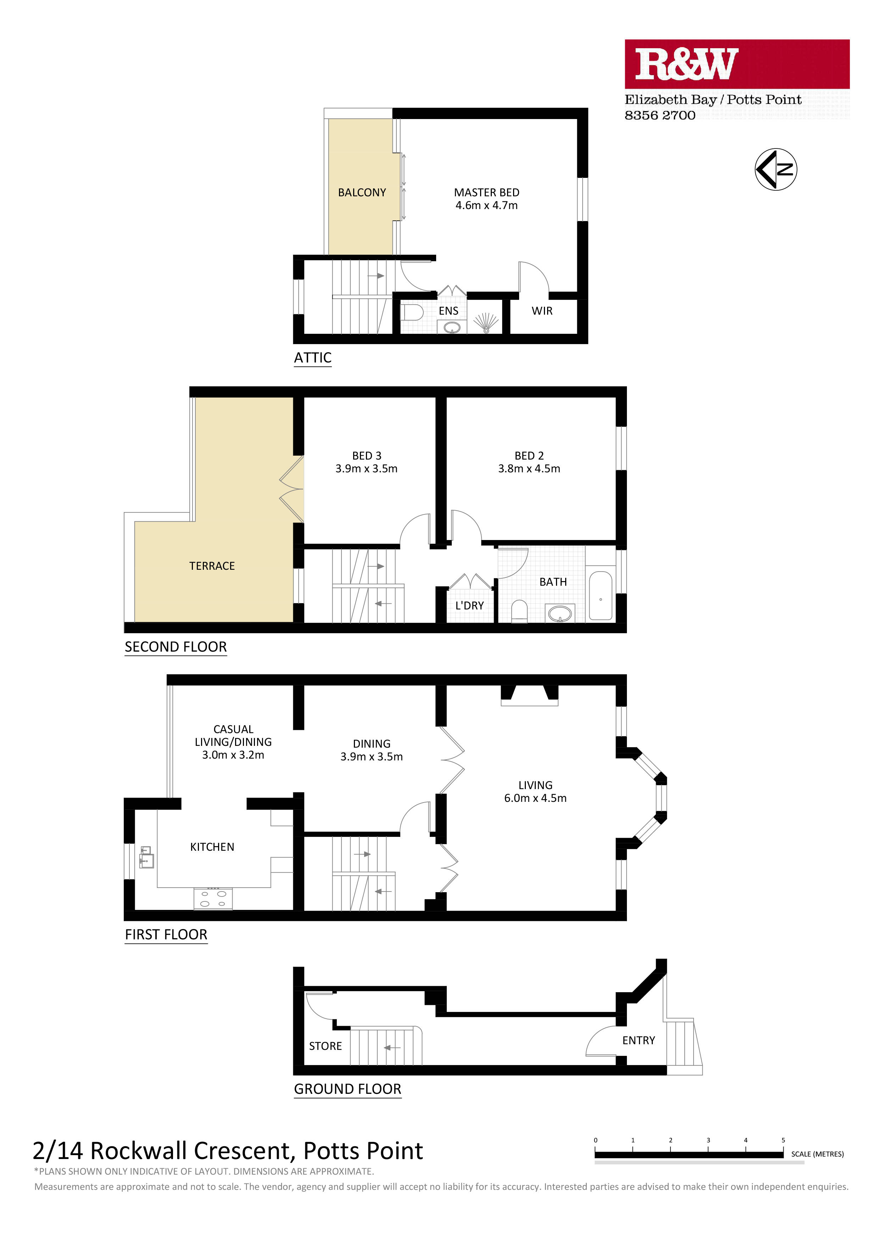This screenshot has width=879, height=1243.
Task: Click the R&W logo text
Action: tap(686, 64)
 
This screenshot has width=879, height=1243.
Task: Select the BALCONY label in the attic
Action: tap(362, 193)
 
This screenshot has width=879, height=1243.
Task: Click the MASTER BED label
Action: tap(486, 193)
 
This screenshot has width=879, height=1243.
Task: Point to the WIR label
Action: tap(542, 311)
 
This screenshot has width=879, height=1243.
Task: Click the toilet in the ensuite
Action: tap(412, 313)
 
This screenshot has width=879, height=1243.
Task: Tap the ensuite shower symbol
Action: tap(486, 323)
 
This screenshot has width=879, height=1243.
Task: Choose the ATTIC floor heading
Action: tap(312, 358)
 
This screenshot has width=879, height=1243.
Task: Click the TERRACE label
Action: tap(212, 566)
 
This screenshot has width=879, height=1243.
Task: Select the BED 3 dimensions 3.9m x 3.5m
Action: tap(367, 469)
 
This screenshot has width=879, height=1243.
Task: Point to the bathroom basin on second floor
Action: tap(560, 613)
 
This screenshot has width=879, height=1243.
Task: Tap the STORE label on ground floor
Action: tap(326, 1046)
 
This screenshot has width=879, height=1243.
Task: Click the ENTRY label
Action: tap(639, 1041)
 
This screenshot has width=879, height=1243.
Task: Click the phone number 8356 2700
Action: tap(660, 115)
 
